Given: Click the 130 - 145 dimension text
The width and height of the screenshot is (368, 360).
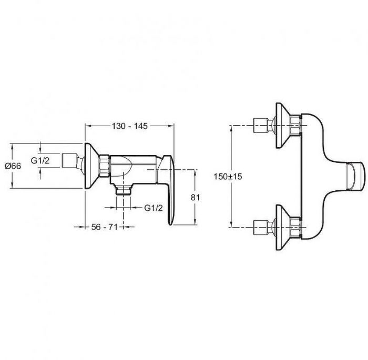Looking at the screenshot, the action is tap(129, 126).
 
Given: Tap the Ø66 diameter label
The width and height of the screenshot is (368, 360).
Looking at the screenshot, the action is tap(13, 166).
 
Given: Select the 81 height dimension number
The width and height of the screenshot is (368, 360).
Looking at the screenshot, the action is tap(195, 198).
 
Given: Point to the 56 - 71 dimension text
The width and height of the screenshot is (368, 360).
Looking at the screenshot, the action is tap(104, 227).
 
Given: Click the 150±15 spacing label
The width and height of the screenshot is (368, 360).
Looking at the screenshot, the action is tap(228, 176).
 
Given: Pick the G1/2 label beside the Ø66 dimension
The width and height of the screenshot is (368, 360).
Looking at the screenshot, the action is tap(40, 160).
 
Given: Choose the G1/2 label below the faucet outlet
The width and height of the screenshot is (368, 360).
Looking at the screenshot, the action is tap(154, 208).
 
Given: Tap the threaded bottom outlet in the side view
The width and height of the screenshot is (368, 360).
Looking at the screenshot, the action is tap(124, 189).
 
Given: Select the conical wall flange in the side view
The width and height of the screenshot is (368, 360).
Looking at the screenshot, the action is tap(91, 166).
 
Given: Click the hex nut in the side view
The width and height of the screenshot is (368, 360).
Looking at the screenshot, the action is tap(104, 166).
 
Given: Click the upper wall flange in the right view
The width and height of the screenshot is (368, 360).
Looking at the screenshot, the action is tap(283, 126).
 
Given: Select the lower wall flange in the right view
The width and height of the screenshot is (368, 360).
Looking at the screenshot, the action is tap(283, 228).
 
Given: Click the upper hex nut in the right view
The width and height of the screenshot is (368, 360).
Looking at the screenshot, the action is tap(295, 126).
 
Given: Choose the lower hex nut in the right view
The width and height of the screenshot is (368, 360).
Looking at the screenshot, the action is tap(295, 228).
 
